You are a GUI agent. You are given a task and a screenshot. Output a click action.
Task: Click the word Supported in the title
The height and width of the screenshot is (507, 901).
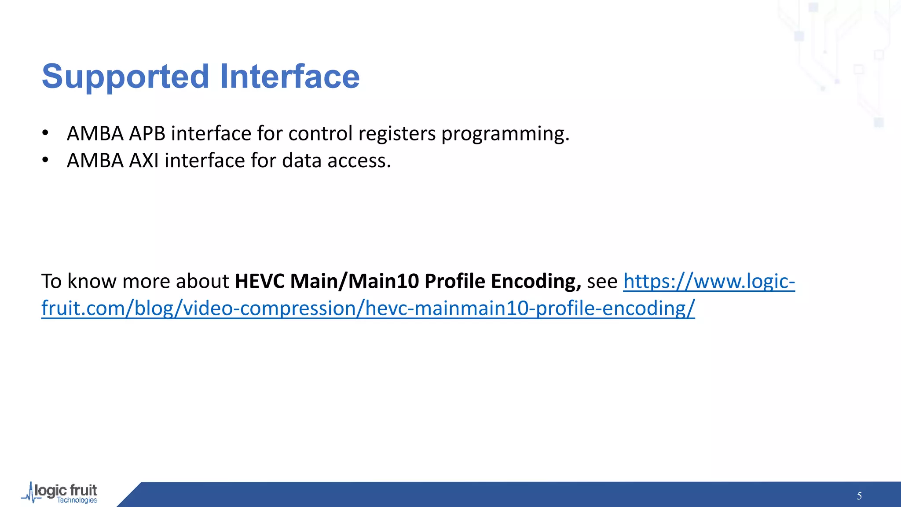point(125,77)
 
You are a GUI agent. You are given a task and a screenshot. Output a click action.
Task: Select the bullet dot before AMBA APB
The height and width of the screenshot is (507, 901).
point(45,133)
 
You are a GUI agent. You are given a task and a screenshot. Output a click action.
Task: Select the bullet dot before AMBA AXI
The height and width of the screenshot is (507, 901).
point(45,161)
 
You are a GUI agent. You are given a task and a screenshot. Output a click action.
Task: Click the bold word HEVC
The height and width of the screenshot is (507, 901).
point(260,281)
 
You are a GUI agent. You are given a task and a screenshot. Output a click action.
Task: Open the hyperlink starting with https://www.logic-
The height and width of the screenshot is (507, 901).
point(709,281)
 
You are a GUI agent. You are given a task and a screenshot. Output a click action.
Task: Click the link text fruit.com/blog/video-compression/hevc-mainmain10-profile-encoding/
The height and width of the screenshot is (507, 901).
point(368,309)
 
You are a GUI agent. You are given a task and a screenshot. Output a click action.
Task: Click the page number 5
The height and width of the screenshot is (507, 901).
point(859,496)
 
